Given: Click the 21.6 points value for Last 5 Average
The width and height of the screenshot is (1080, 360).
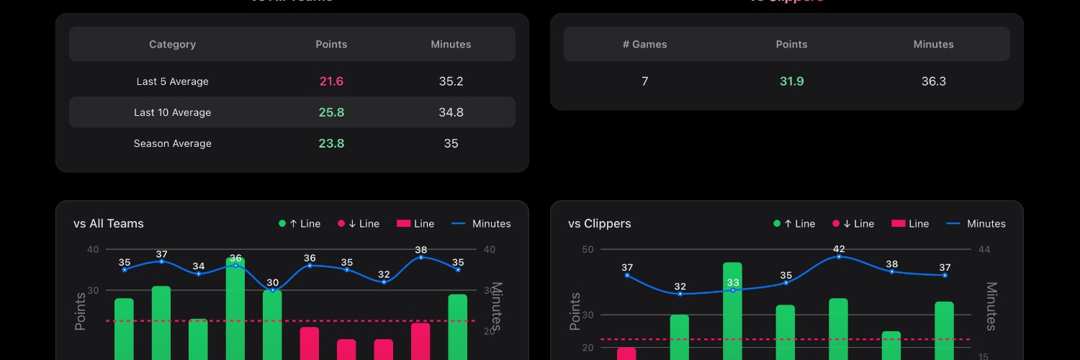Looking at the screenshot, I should [x=331, y=81].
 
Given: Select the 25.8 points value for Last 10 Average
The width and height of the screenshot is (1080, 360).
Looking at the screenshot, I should [x=331, y=112].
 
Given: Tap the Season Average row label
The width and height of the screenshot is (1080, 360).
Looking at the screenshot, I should [x=173, y=143].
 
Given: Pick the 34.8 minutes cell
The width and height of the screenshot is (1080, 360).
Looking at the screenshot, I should [x=451, y=112].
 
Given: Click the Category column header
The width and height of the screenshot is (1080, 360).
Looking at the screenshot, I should [x=172, y=44].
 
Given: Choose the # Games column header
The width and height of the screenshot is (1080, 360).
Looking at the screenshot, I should [x=644, y=44].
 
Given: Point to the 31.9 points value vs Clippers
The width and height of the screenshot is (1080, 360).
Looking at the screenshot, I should [x=791, y=81].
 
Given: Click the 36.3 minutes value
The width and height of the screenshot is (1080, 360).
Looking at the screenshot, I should [x=933, y=81].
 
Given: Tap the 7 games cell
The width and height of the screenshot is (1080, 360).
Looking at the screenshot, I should [x=644, y=81].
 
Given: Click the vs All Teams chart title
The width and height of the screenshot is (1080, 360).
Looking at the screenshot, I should [x=109, y=223].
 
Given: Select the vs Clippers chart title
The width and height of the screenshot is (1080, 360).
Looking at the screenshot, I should [x=599, y=223].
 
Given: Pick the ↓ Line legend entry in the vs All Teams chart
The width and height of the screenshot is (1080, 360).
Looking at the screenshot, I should [x=359, y=223].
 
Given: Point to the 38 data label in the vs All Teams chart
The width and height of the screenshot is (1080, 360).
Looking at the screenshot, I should [x=421, y=250].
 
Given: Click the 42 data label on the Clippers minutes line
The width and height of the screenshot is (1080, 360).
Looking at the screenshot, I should [x=839, y=249].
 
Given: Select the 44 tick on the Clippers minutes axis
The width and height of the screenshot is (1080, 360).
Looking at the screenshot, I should [x=985, y=250].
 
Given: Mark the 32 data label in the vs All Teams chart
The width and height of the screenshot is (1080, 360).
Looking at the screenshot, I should [x=384, y=274].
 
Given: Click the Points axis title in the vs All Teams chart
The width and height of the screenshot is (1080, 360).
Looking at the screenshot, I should [x=81, y=312].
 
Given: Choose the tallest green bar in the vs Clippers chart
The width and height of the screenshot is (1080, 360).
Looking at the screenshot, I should [x=732, y=310].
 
